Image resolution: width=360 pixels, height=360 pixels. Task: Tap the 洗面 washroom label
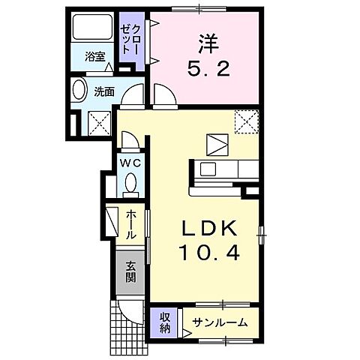(103, 91)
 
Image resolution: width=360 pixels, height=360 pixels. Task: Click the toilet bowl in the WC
(131, 182)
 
